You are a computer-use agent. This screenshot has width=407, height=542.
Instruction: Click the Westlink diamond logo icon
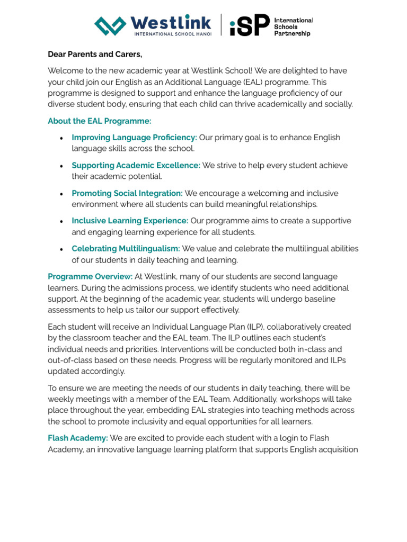110,25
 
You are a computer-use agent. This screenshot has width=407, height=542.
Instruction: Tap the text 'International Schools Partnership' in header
293,26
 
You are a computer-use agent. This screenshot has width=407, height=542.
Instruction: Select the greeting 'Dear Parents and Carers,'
95,54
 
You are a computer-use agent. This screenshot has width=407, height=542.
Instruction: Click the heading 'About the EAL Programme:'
99,121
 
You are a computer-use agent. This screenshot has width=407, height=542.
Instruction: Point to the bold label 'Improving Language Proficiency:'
134,138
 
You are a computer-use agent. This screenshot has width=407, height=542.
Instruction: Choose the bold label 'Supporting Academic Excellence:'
136,165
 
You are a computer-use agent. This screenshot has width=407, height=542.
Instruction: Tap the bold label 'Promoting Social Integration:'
127,193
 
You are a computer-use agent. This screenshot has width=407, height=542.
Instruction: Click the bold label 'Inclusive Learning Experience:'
130,221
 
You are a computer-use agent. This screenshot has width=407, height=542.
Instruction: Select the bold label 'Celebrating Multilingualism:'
126,249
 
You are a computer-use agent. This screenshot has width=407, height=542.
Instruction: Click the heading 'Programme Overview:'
90,276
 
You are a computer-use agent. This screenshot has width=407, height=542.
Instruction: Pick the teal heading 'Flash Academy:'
78,438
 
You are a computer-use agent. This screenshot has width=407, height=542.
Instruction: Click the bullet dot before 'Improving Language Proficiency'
61,138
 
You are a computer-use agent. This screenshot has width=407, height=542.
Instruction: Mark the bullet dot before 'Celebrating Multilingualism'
61,249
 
